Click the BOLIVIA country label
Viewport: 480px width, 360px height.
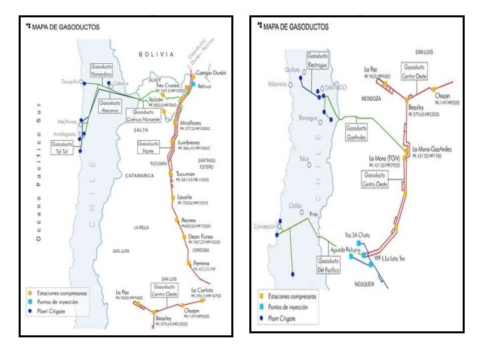coord(151,53)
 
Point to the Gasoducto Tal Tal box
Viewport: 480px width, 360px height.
coord(62,147)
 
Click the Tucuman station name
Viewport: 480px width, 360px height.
coord(187,174)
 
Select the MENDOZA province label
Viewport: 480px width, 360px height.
coord(371,98)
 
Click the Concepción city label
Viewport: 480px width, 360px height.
coord(265,227)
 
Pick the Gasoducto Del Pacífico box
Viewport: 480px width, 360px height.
coord(330,265)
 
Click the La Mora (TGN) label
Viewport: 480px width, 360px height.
coord(383,157)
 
